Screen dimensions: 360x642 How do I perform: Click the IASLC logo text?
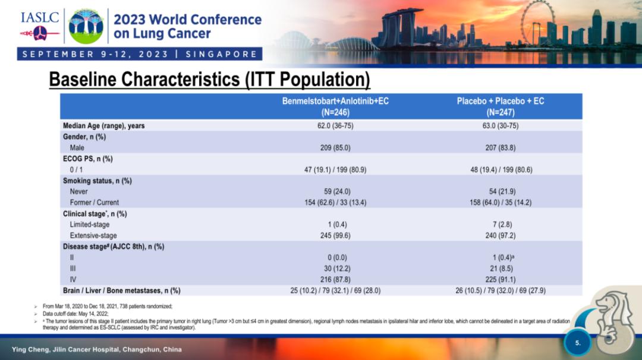[40, 17]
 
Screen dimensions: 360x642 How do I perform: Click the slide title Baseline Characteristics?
[209, 79]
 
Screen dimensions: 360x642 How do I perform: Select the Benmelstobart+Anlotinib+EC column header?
[335, 106]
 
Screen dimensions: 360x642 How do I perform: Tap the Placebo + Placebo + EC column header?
[500, 106]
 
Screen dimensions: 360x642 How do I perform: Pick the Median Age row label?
[104, 126]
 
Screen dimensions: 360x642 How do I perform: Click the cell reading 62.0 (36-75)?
[335, 126]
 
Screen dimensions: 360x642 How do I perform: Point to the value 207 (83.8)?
[500, 147]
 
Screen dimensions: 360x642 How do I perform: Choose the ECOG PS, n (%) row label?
[88, 159]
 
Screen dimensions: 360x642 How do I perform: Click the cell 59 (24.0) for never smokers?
[335, 191]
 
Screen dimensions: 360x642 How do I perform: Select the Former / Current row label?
[94, 203]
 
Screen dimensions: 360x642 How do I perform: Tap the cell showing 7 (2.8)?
[500, 225]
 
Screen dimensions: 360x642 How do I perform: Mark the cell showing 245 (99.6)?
[335, 236]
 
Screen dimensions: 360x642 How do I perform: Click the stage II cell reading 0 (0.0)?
[335, 258]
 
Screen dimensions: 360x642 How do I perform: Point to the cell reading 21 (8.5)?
[500, 269]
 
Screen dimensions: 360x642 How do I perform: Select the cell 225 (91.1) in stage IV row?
[500, 279]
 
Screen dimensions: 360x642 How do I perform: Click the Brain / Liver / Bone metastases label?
[122, 290]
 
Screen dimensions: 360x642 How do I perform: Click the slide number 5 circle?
[578, 342]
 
